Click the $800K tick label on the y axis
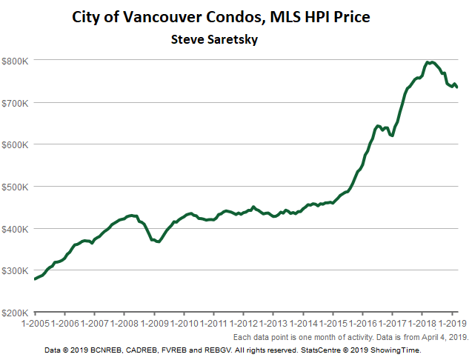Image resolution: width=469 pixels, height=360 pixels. [x=15, y=60]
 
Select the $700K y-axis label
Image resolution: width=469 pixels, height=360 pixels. [x=15, y=102]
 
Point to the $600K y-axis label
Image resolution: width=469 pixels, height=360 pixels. [x=15, y=144]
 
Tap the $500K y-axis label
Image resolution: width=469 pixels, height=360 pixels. [x=15, y=187]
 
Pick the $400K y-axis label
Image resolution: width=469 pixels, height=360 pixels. [x=15, y=228]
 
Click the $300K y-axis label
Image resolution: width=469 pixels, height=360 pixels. [x=15, y=270]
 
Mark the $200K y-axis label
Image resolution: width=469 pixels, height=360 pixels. [x=15, y=313]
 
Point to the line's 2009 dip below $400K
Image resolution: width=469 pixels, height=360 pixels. [x=159, y=241]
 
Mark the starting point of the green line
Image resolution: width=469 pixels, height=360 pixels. [x=35, y=279]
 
